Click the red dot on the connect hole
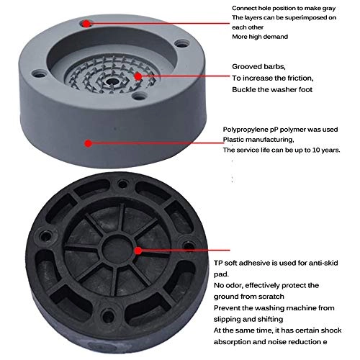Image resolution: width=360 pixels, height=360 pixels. coord(86,22)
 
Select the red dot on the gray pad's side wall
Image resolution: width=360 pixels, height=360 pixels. coord(88,143)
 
